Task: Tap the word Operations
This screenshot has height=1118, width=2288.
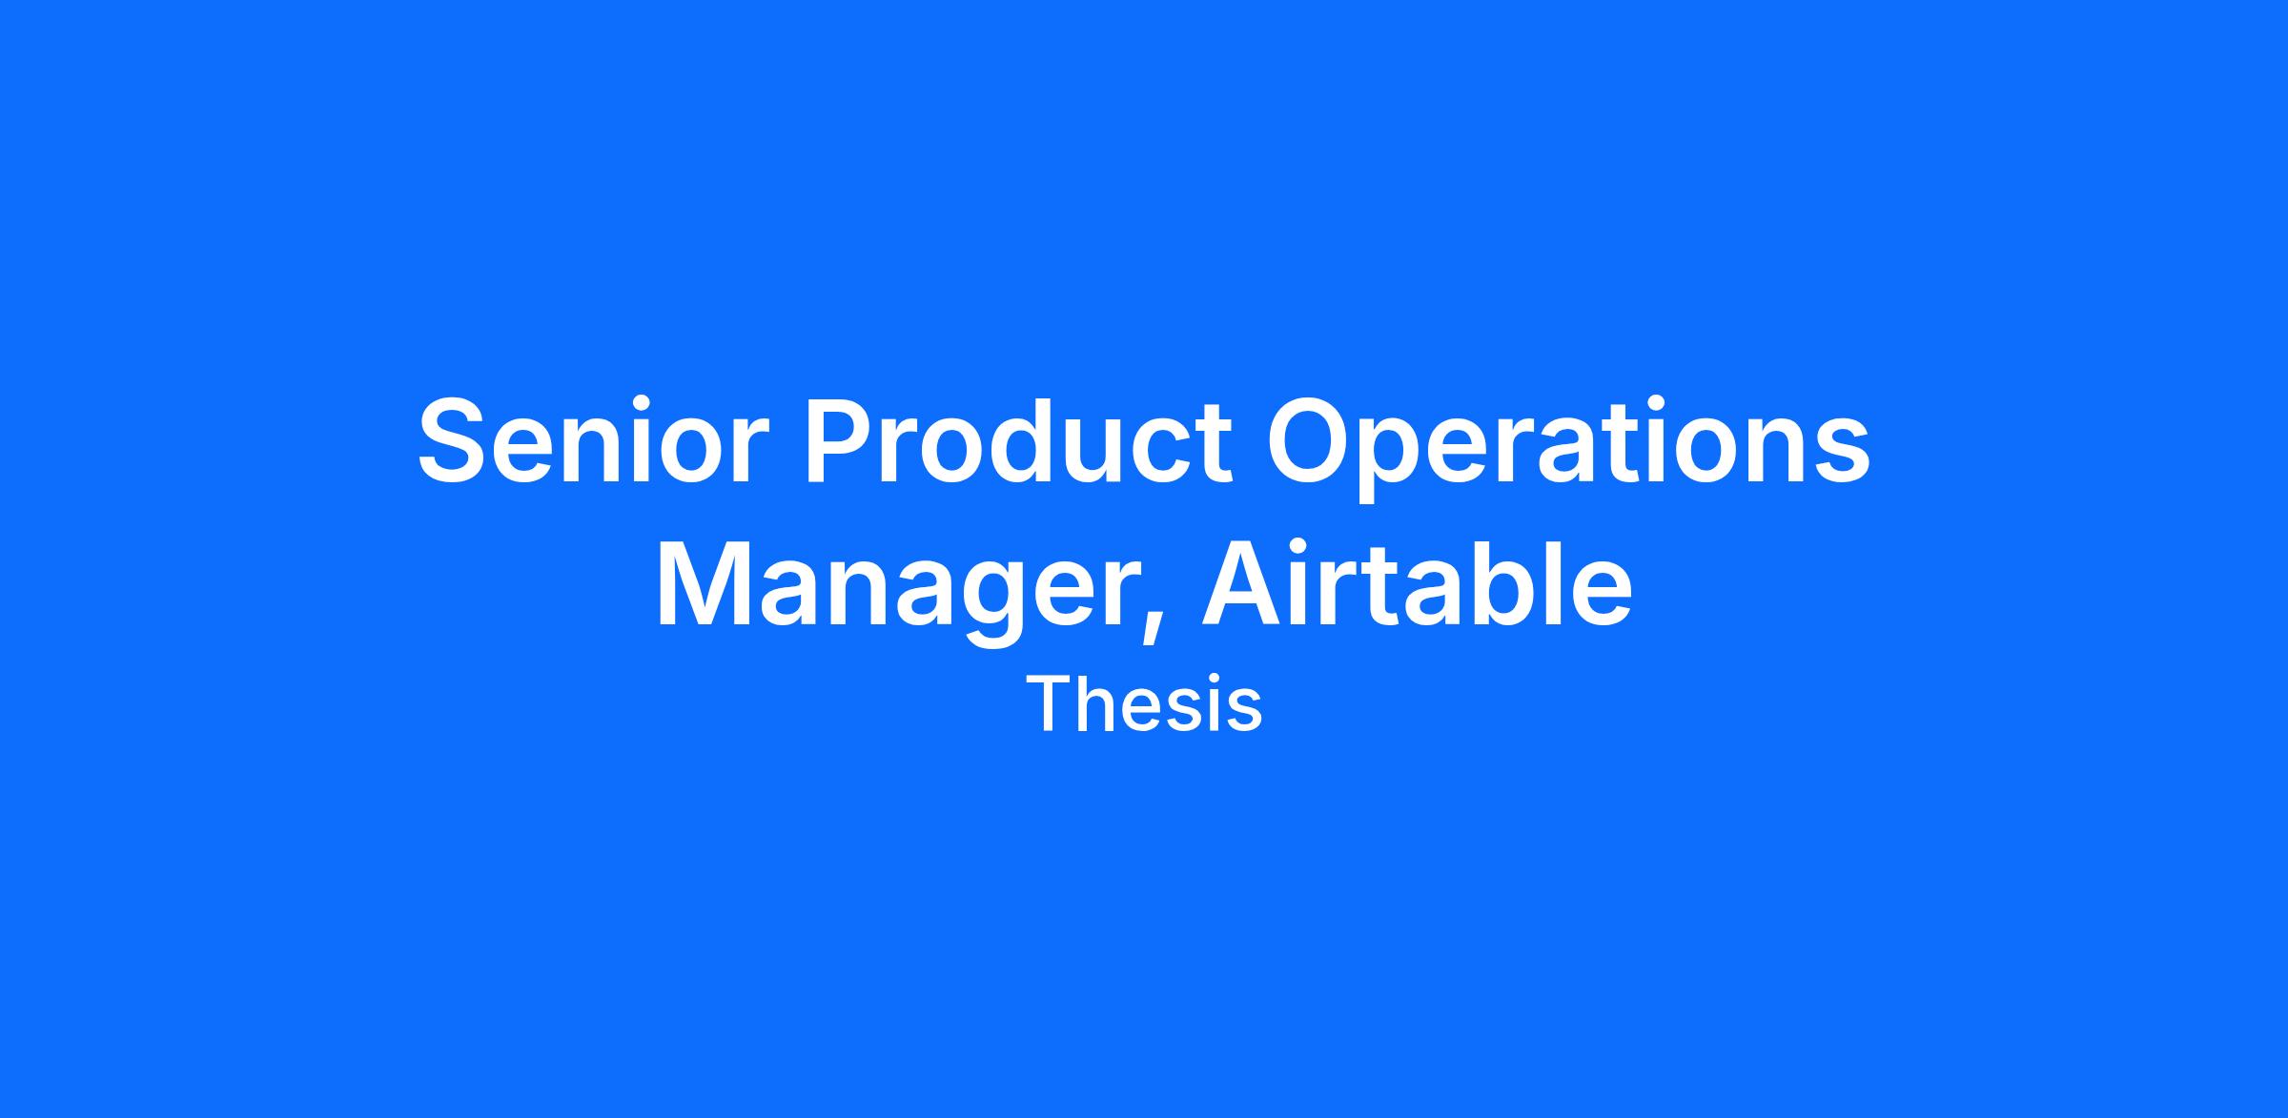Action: pyautogui.click(x=1567, y=448)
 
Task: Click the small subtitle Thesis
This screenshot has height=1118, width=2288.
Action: pyautogui.click(x=1144, y=705)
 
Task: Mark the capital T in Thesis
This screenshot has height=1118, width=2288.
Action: pyautogui.click(x=1052, y=705)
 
